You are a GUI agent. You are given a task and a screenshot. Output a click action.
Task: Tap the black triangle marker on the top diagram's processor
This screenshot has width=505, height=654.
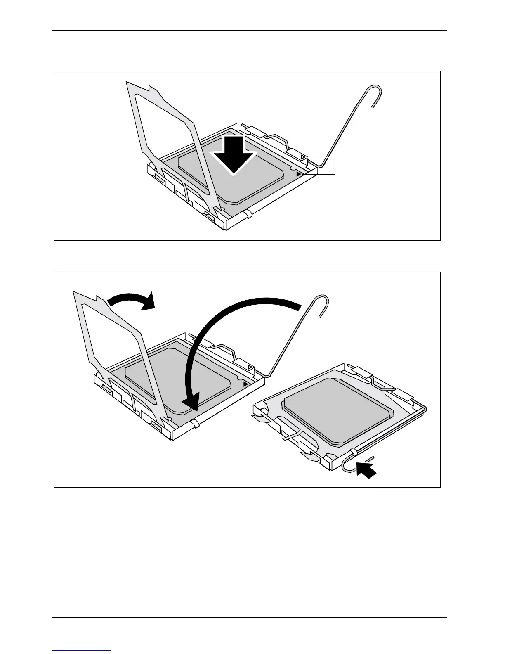click(299, 175)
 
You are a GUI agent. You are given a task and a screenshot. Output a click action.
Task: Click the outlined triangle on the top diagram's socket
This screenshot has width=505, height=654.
click(303, 158)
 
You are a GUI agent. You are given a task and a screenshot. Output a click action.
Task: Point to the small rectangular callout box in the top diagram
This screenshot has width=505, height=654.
click(326, 166)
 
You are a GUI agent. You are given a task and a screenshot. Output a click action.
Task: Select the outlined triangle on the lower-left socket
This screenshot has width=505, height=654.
click(250, 367)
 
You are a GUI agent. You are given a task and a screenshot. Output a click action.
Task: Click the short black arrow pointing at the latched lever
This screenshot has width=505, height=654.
click(366, 470)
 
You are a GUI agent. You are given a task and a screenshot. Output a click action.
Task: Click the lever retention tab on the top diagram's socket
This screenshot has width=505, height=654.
click(247, 214)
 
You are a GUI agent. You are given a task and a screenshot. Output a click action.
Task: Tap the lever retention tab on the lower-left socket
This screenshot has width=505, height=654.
click(194, 424)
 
